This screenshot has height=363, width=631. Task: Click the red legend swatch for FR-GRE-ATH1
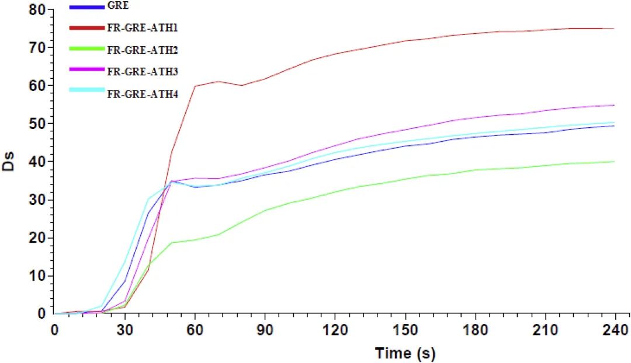click(86, 26)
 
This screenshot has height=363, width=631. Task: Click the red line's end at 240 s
click(614, 28)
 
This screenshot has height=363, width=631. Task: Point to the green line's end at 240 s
click(614, 162)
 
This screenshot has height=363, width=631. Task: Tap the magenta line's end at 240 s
click(614, 105)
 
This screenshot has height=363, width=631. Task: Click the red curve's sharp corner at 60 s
click(195, 86)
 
